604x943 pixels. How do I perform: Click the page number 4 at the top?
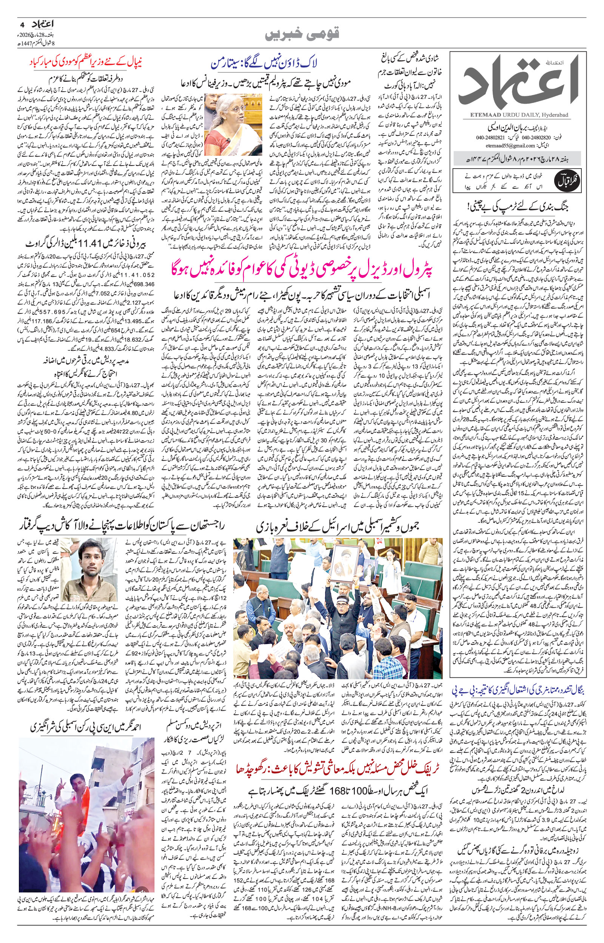coord(22,24)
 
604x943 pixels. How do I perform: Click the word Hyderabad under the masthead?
coord(556,114)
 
